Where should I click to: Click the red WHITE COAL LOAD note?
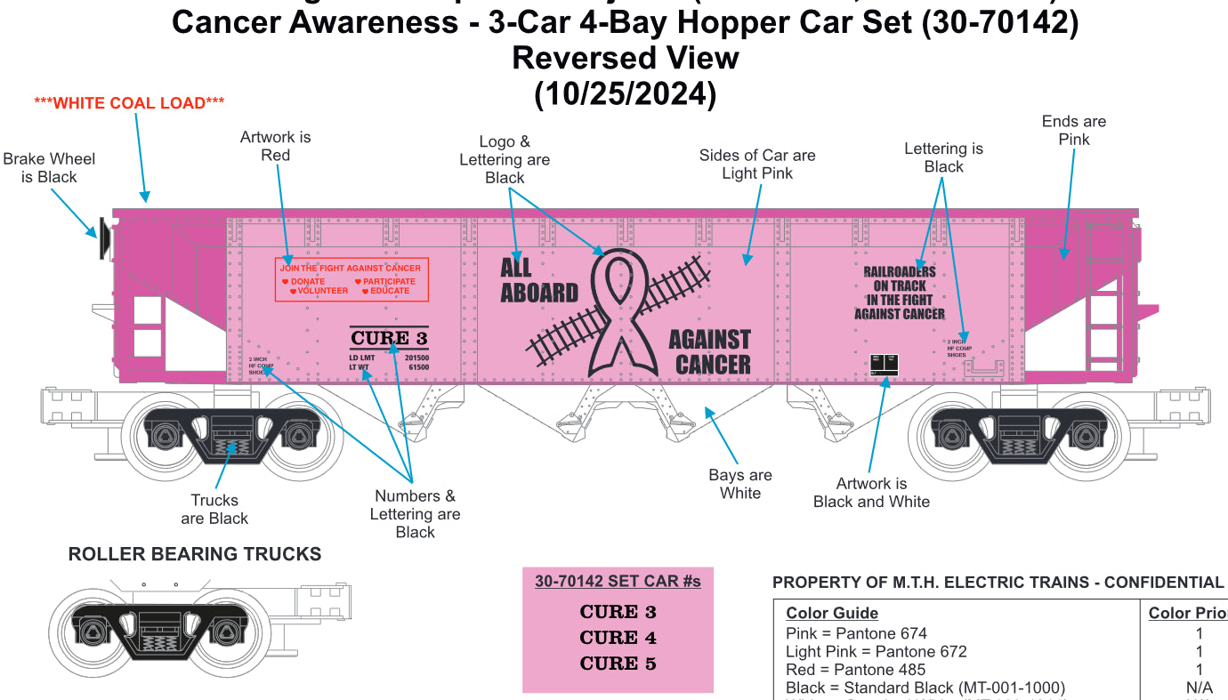(x=129, y=103)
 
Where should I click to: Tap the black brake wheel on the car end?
(x=105, y=238)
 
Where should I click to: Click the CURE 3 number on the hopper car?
(x=389, y=338)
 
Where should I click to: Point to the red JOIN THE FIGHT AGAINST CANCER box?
(x=351, y=279)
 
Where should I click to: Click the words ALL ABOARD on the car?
(x=538, y=280)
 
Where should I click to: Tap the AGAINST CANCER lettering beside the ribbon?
(x=709, y=352)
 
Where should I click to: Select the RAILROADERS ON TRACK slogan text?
(x=900, y=293)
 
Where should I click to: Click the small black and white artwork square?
(x=884, y=364)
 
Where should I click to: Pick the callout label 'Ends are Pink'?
(x=1073, y=130)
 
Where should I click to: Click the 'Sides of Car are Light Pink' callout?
(x=757, y=165)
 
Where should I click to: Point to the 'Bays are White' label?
(x=740, y=484)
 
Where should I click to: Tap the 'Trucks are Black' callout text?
(x=214, y=509)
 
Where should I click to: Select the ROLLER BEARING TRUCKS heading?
(x=195, y=554)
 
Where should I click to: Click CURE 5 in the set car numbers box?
(x=618, y=664)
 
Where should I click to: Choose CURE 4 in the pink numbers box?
(x=618, y=638)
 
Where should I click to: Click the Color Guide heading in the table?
(x=832, y=613)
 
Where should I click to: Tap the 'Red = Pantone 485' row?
(x=855, y=670)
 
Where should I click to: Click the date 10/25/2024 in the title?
(x=625, y=93)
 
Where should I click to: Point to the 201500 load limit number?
(x=416, y=357)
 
